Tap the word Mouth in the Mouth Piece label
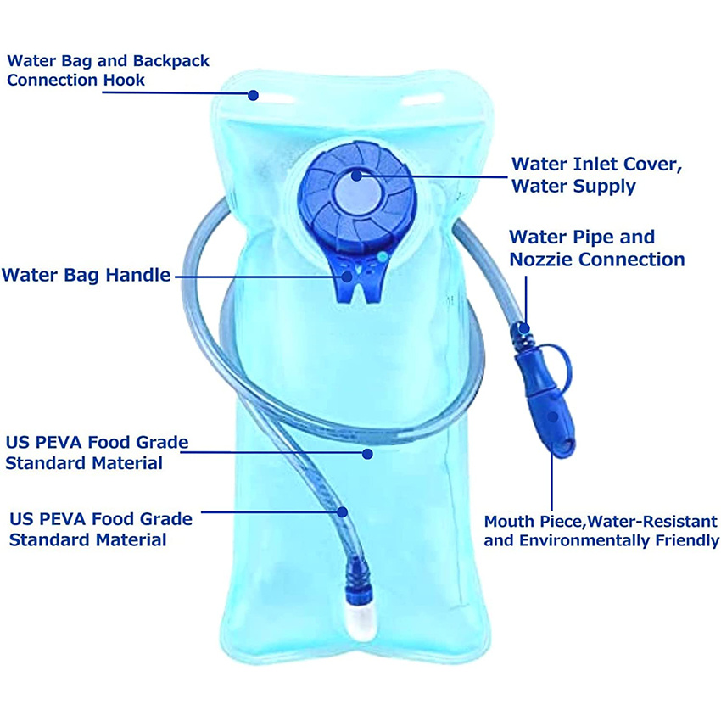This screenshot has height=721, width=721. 507,521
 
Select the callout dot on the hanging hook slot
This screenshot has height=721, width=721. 253,95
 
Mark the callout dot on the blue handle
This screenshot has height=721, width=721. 348,275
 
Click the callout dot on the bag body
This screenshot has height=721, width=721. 367,454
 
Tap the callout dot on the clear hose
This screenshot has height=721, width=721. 342,511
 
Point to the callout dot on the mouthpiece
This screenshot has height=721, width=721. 552,417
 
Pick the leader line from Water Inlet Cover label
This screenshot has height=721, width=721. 433,176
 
